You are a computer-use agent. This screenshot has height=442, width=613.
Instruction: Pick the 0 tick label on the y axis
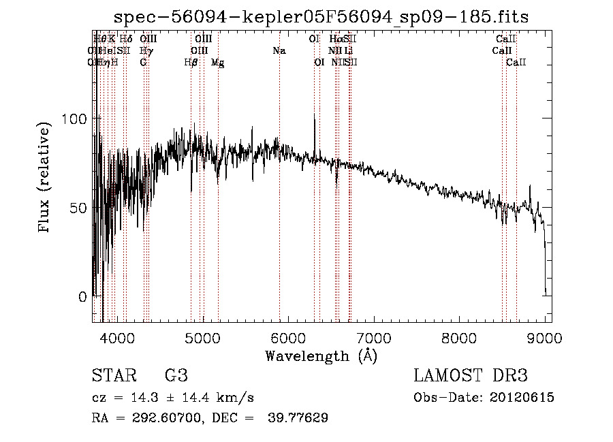pos(82,297)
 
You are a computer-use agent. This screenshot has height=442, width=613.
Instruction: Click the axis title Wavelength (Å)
pos(321,356)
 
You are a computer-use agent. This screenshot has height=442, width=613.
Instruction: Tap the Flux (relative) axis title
pos(45,178)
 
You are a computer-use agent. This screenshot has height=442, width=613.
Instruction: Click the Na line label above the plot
pos(279,51)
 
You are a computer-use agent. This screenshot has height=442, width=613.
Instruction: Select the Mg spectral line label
pos(218,63)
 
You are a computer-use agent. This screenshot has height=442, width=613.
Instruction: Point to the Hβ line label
pos(191,63)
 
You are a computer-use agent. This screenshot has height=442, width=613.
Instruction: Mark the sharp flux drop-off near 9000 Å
pos(545,266)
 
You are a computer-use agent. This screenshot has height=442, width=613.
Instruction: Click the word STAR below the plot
pos(113,376)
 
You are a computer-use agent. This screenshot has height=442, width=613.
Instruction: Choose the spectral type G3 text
pos(176,376)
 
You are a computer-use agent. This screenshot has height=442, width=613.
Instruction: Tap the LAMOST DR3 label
pos(470,376)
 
